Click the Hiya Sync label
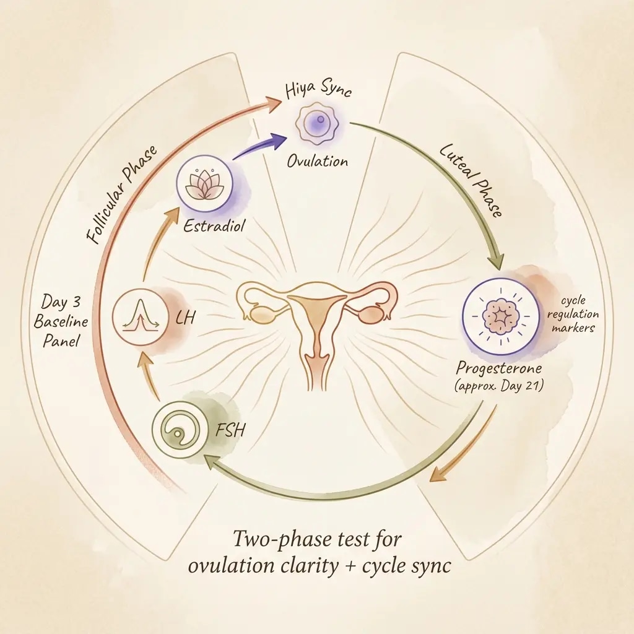318,92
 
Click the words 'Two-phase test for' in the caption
317,539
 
